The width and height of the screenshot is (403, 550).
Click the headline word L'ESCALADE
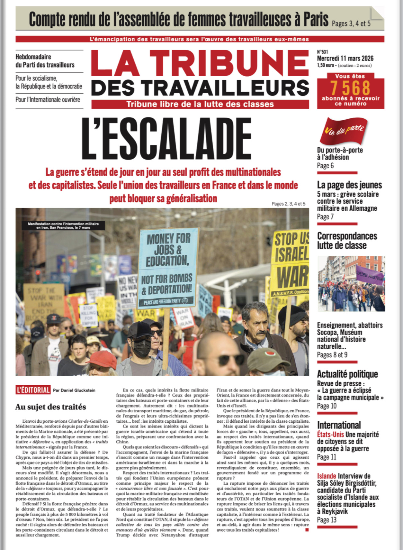point(166,139)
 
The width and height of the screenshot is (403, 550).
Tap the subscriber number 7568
point(351,87)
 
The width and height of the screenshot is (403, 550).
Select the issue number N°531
point(323,52)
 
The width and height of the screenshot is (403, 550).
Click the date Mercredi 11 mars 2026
point(345,59)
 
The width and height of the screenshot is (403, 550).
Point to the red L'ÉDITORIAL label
point(33,390)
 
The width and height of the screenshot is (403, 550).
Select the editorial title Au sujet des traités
point(50,407)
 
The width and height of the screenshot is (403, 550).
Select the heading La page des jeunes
point(349,185)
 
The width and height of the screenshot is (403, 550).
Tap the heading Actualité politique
point(347,374)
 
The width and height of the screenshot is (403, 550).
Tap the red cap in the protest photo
point(101,360)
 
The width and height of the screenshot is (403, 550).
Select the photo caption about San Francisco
point(63,225)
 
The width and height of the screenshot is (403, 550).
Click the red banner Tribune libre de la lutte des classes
point(200,104)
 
